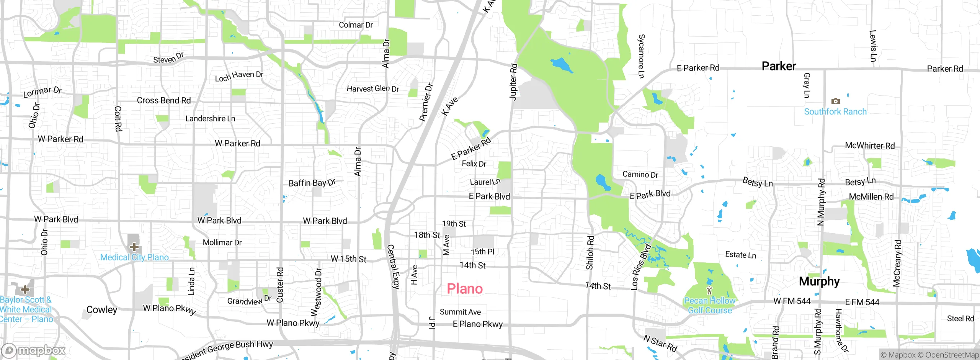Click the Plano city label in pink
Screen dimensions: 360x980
(x=465, y=289)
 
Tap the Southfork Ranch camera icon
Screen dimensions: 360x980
(x=835, y=101)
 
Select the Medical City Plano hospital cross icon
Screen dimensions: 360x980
(x=134, y=247)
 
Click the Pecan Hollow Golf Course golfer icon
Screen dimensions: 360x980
(x=709, y=290)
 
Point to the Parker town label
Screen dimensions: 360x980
(x=779, y=66)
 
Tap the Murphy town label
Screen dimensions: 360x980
(x=819, y=281)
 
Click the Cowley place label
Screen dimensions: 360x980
(x=101, y=309)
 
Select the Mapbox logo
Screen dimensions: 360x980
(x=34, y=350)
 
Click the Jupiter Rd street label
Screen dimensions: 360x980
(x=513, y=82)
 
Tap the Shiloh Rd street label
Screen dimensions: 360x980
(x=590, y=252)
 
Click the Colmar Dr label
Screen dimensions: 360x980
(x=356, y=25)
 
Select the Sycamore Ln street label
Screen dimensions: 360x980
(x=641, y=56)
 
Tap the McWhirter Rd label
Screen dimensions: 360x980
(x=870, y=146)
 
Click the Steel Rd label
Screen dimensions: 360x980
(x=960, y=319)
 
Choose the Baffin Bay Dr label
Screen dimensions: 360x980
(x=312, y=183)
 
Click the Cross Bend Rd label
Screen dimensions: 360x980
(x=164, y=100)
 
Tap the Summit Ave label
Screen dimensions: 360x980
(x=460, y=312)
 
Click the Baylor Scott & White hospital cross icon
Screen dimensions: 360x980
(x=25, y=289)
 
